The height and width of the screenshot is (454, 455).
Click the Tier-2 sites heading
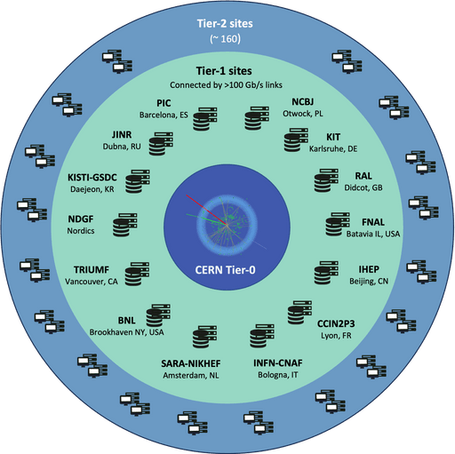point(225,24)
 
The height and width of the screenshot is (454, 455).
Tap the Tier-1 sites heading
point(224,71)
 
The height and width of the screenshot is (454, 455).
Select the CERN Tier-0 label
point(225,270)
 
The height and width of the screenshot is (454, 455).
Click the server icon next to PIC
point(205,119)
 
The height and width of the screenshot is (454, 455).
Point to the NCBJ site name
point(302,102)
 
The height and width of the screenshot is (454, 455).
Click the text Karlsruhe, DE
point(333,148)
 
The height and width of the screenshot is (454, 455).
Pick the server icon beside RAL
point(326,180)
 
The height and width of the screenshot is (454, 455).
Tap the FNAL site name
point(373,222)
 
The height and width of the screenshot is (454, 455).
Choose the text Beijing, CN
point(369,281)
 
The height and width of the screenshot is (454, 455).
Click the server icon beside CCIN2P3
point(299,313)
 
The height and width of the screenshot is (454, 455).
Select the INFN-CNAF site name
point(278,363)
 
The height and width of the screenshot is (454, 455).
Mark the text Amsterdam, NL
point(191,376)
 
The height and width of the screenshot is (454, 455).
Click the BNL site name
point(126,321)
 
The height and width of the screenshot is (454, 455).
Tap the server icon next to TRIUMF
point(137,274)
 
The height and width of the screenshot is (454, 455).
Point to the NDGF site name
point(81,219)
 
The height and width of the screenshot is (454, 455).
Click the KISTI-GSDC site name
point(92,178)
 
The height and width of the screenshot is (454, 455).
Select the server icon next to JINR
point(161,144)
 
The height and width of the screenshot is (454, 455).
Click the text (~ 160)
point(225,39)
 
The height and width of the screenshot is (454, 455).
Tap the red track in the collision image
point(206,210)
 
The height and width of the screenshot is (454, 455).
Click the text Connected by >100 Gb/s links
point(226,85)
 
